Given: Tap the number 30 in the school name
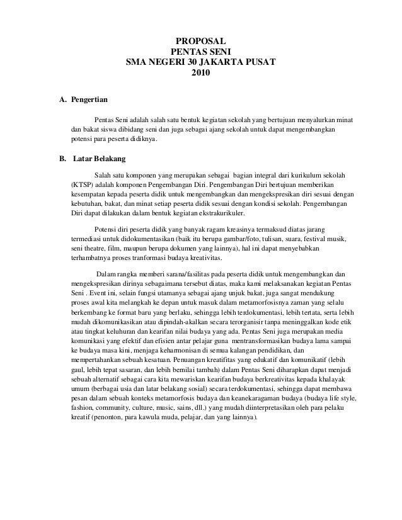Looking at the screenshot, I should coord(195,63).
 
